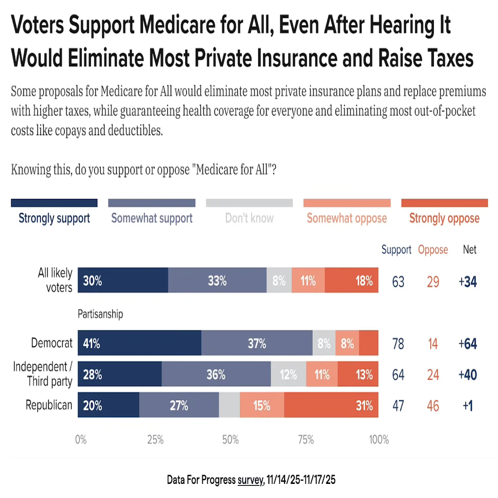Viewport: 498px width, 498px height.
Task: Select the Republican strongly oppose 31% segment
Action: [331, 405]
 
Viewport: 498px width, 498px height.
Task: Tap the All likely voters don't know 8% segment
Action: [279, 281]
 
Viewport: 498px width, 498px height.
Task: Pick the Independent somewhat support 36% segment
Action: [216, 374]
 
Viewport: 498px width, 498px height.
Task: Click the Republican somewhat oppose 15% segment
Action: [262, 405]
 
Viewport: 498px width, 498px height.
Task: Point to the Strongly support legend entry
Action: [54, 218]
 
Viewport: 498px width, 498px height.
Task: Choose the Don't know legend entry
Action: [249, 218]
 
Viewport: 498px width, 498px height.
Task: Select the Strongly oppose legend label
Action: [444, 218]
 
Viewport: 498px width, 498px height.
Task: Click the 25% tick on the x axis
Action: [155, 440]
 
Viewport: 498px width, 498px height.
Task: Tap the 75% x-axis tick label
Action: [305, 440]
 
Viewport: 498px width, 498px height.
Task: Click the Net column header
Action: [469, 250]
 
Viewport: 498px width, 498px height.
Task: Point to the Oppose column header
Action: [433, 250]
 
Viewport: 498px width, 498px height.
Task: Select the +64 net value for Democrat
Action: [468, 344]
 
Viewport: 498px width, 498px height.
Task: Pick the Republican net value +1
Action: [468, 406]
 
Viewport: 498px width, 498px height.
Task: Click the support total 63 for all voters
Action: [398, 282]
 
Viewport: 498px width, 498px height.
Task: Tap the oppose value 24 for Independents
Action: [432, 375]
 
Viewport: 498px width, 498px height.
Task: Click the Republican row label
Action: [49, 405]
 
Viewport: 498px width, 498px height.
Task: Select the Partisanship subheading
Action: [100, 314]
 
